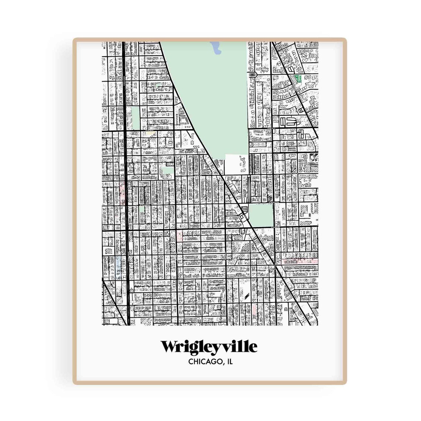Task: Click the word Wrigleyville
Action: tap(209, 347)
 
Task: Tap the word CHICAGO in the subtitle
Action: tap(202, 362)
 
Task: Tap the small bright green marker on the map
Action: tap(298, 78)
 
